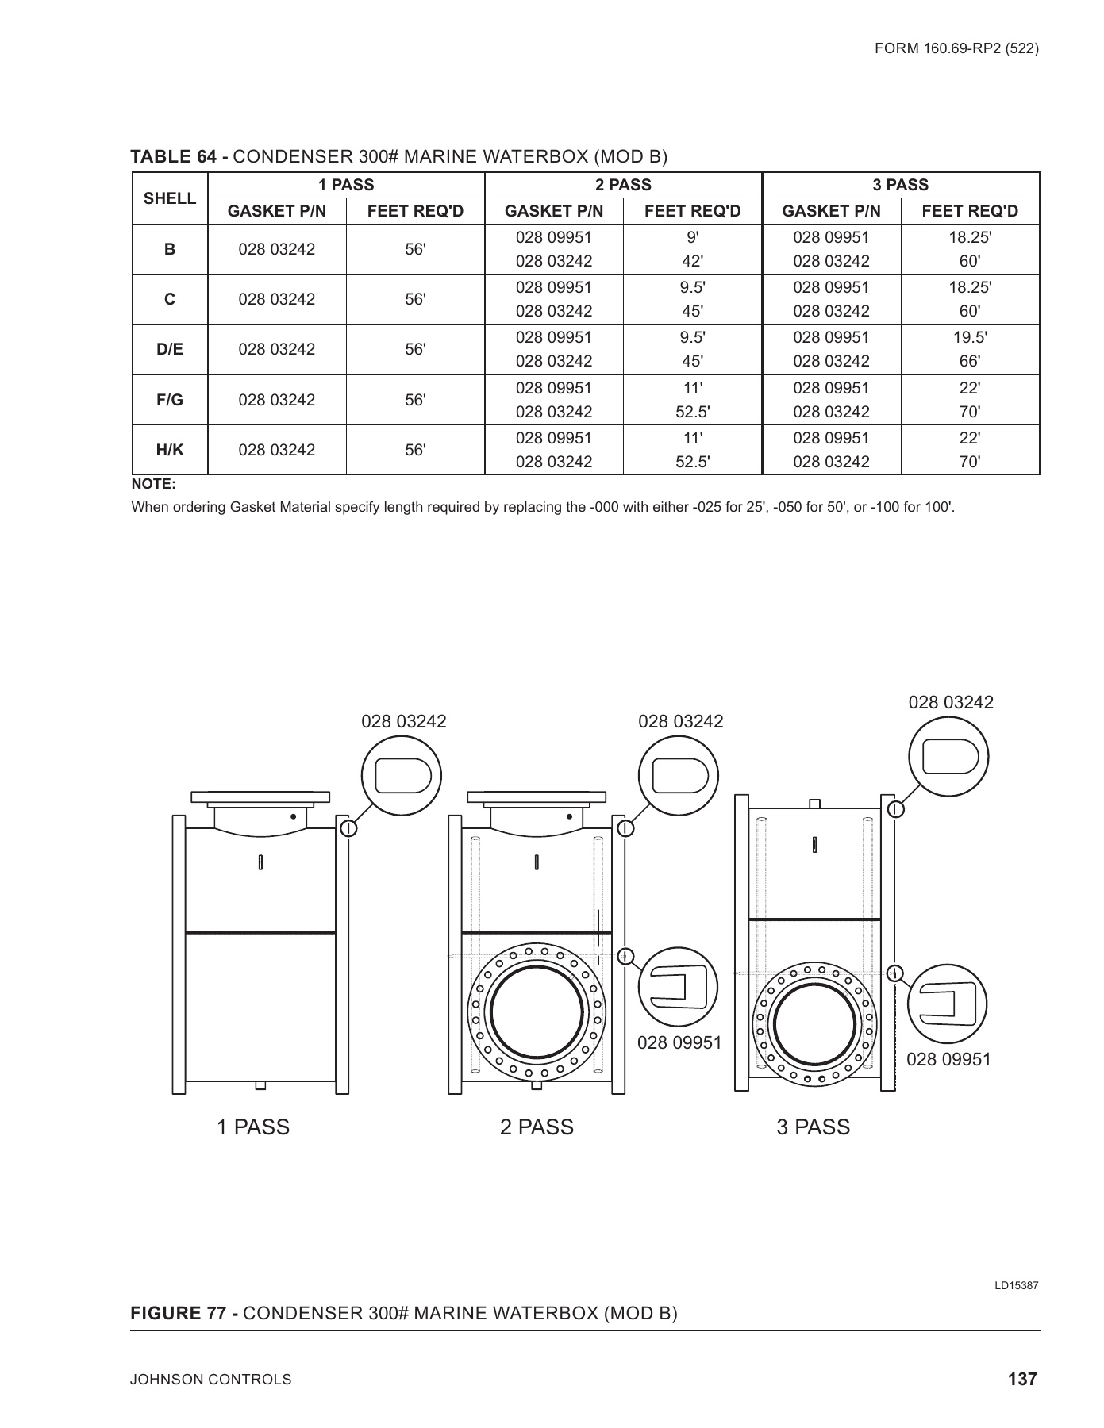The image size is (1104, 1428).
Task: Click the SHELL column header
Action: point(169,198)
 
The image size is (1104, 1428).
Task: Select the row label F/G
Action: point(169,400)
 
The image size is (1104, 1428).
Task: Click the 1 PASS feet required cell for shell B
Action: point(415,249)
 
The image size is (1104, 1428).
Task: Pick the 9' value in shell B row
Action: point(692,237)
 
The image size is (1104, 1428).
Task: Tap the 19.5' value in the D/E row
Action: point(970,337)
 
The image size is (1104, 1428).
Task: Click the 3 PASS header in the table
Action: point(900,185)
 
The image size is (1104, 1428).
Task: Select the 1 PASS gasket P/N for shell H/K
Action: point(276,450)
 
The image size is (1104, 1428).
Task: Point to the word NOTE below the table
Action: point(153,484)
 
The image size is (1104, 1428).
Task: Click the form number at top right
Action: point(956,48)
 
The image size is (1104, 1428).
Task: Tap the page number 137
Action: point(1022,1380)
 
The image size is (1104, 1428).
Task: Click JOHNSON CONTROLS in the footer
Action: point(211,1380)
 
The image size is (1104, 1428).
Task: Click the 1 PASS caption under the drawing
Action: point(253,1127)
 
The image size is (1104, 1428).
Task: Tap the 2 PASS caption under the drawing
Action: point(537,1127)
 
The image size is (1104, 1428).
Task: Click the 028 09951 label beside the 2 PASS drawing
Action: point(679,1042)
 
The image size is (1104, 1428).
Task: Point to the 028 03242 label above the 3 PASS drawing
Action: point(950,702)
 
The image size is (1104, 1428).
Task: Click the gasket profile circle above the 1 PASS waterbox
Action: point(402,776)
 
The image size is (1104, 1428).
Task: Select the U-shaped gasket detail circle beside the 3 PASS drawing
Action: point(948,1004)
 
